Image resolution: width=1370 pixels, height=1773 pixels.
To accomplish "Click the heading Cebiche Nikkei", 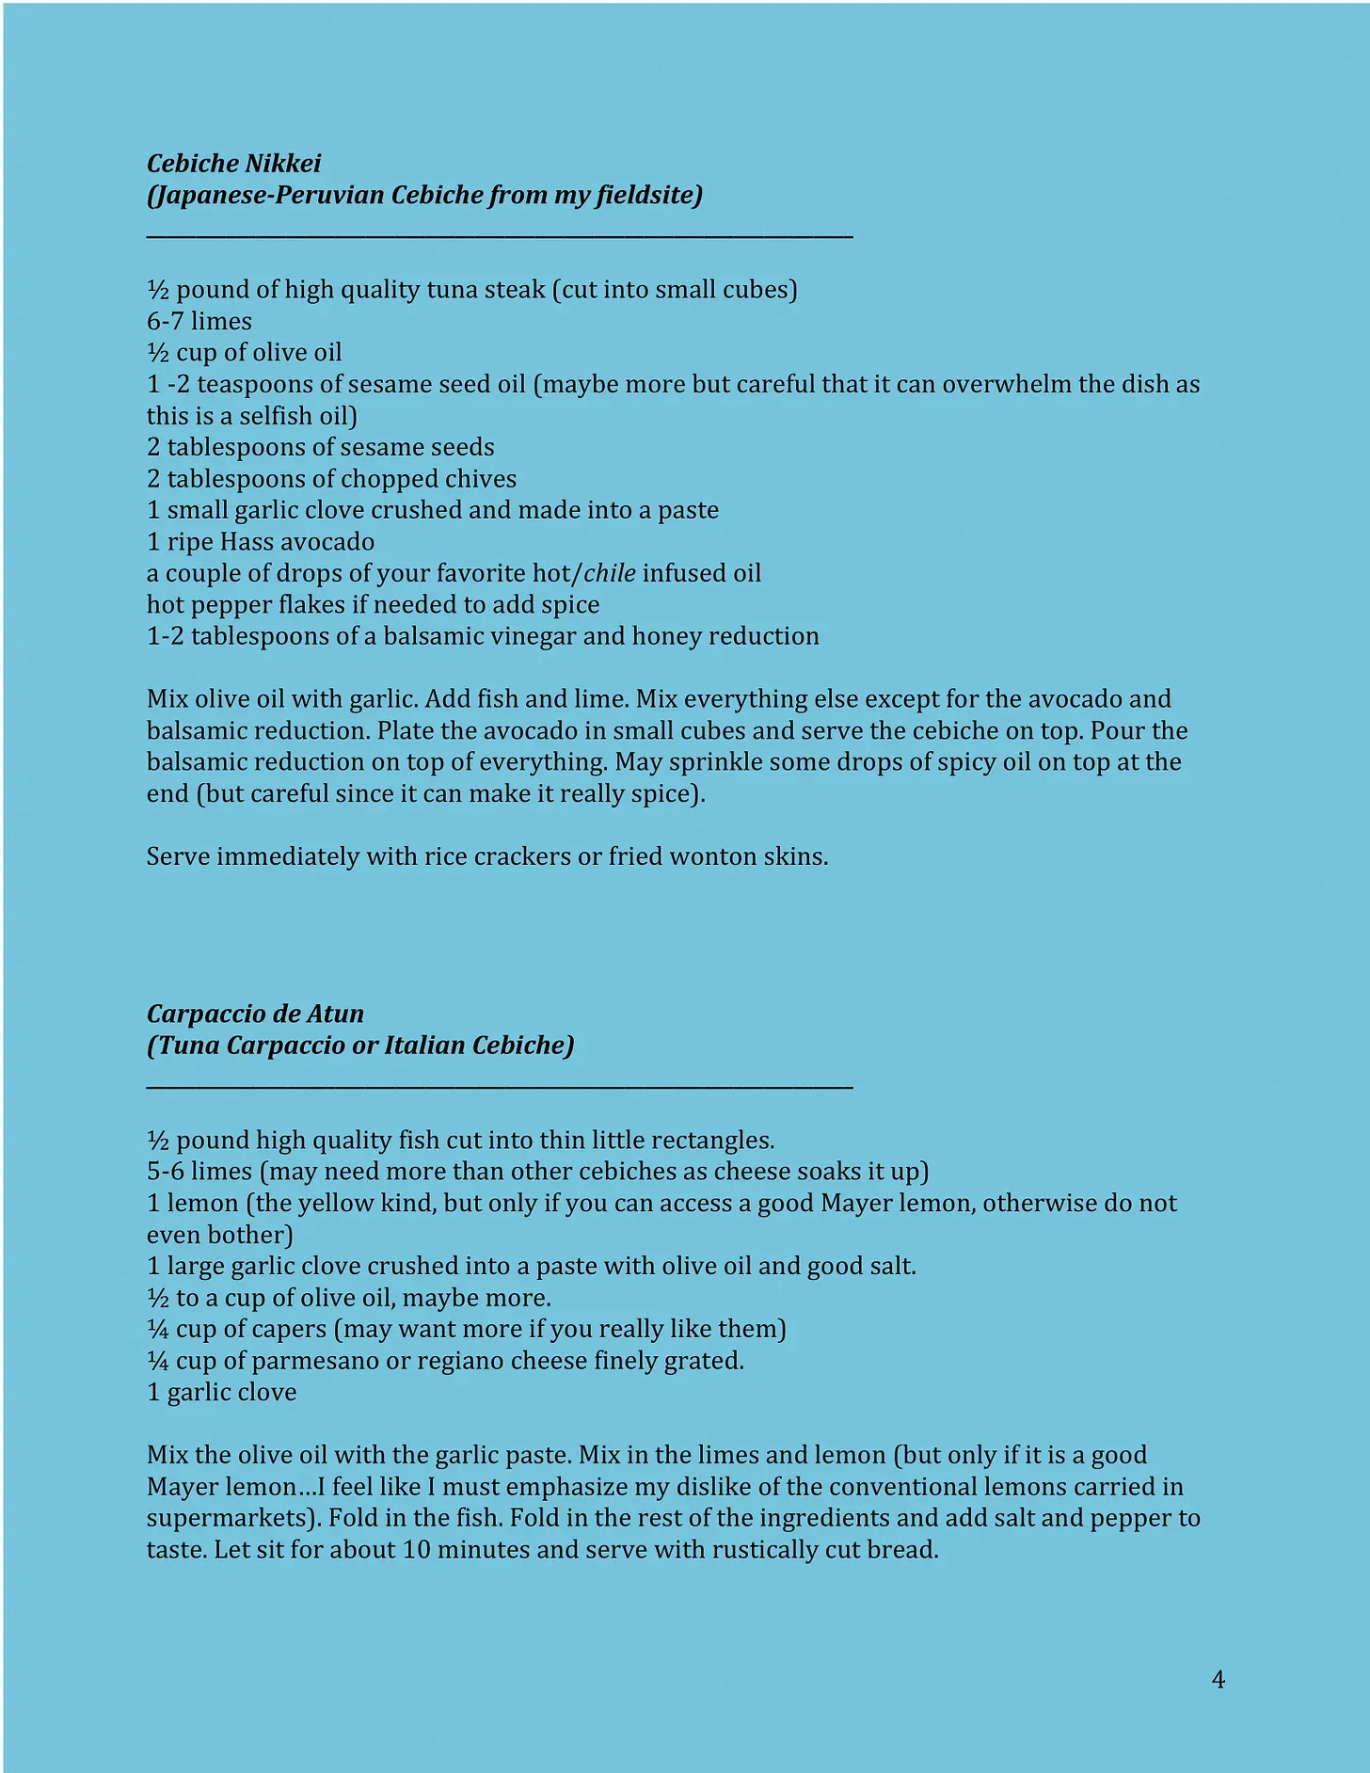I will tap(233, 164).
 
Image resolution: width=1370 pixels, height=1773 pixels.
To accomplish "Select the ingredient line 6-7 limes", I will tap(199, 321).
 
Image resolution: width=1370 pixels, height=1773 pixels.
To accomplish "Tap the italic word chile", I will tap(610, 573).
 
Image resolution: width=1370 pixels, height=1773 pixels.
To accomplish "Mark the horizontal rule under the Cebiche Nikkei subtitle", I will tap(500, 237).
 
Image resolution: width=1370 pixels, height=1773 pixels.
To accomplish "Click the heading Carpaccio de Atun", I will tap(255, 1014).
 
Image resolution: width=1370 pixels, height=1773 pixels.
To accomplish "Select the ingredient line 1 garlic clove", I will tap(222, 1392).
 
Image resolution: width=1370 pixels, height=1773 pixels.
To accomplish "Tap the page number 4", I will tap(1218, 1680).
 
